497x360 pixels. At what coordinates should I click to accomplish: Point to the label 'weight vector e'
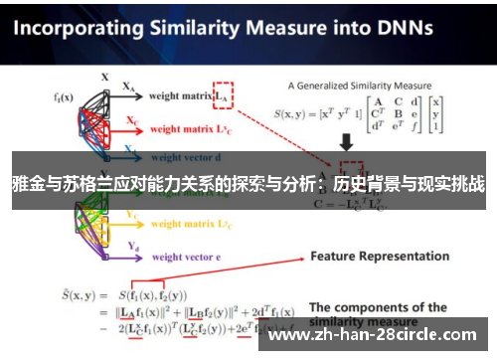pos(184,257)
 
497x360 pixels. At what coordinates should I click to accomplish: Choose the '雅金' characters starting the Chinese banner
pos(26,183)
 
